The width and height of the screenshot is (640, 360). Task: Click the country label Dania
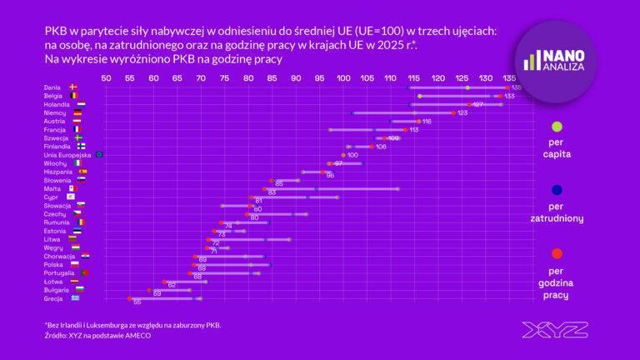click(x=52, y=87)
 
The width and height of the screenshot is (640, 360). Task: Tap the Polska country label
click(x=53, y=264)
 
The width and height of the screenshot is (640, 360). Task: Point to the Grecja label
click(x=53, y=297)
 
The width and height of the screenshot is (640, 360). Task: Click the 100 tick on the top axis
click(x=343, y=78)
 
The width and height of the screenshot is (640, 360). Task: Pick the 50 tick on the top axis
click(x=106, y=78)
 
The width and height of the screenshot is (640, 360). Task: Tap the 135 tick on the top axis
click(x=509, y=78)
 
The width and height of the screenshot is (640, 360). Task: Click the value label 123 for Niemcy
click(x=462, y=112)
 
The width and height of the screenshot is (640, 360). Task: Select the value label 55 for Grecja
click(x=137, y=302)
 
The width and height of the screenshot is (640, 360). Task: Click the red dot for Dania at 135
click(x=507, y=87)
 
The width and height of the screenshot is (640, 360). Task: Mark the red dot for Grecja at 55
click(x=129, y=297)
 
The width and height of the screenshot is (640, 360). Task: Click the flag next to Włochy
click(x=78, y=162)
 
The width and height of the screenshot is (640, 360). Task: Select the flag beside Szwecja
click(x=77, y=137)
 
